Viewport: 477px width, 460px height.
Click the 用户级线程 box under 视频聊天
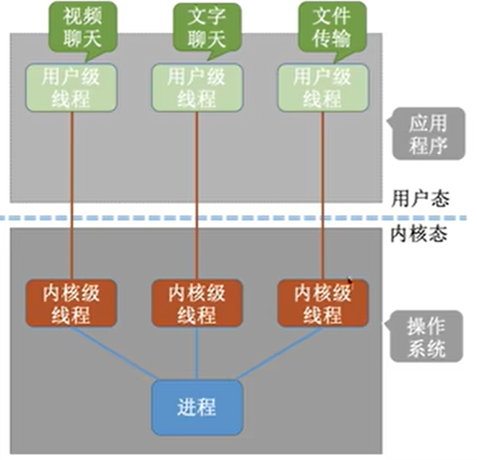coord(72,88)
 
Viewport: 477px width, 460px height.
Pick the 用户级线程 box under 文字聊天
coord(197,88)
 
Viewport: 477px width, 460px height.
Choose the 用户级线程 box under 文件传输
coord(322,88)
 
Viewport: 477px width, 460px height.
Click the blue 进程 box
coord(197,406)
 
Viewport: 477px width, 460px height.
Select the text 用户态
coord(420,197)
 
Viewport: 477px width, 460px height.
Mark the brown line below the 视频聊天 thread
coord(72,195)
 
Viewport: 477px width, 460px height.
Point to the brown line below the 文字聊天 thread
coord(197,195)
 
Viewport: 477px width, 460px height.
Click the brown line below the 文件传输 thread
coord(322,195)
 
